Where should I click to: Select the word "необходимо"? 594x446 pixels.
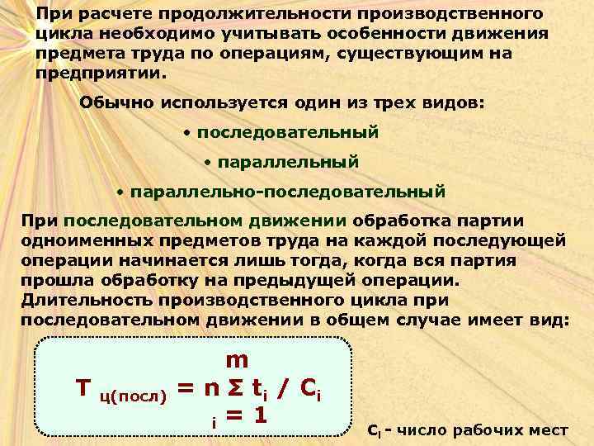[150, 33]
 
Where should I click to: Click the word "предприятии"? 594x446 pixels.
[98, 72]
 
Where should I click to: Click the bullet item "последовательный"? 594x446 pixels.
[287, 132]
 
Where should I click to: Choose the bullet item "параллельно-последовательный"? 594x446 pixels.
[288, 192]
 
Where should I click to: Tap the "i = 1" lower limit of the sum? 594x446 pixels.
[238, 416]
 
